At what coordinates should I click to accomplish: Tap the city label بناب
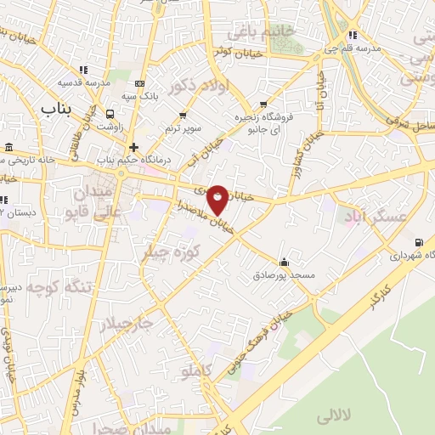tap(58, 109)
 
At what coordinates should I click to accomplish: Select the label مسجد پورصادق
tap(284, 275)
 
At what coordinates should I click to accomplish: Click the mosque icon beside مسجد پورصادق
tap(284, 262)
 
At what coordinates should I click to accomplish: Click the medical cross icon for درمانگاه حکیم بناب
tap(133, 147)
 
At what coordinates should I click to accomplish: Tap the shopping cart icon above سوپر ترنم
tap(183, 115)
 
